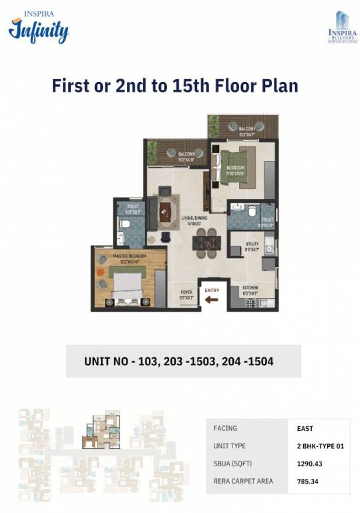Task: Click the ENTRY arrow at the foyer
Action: [x=211, y=300]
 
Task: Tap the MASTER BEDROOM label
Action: [x=129, y=257]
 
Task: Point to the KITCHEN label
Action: [x=250, y=289]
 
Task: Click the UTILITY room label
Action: [x=252, y=245]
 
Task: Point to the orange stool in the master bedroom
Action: [x=100, y=273]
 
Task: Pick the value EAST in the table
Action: [x=305, y=429]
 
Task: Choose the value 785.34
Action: [x=309, y=480]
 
